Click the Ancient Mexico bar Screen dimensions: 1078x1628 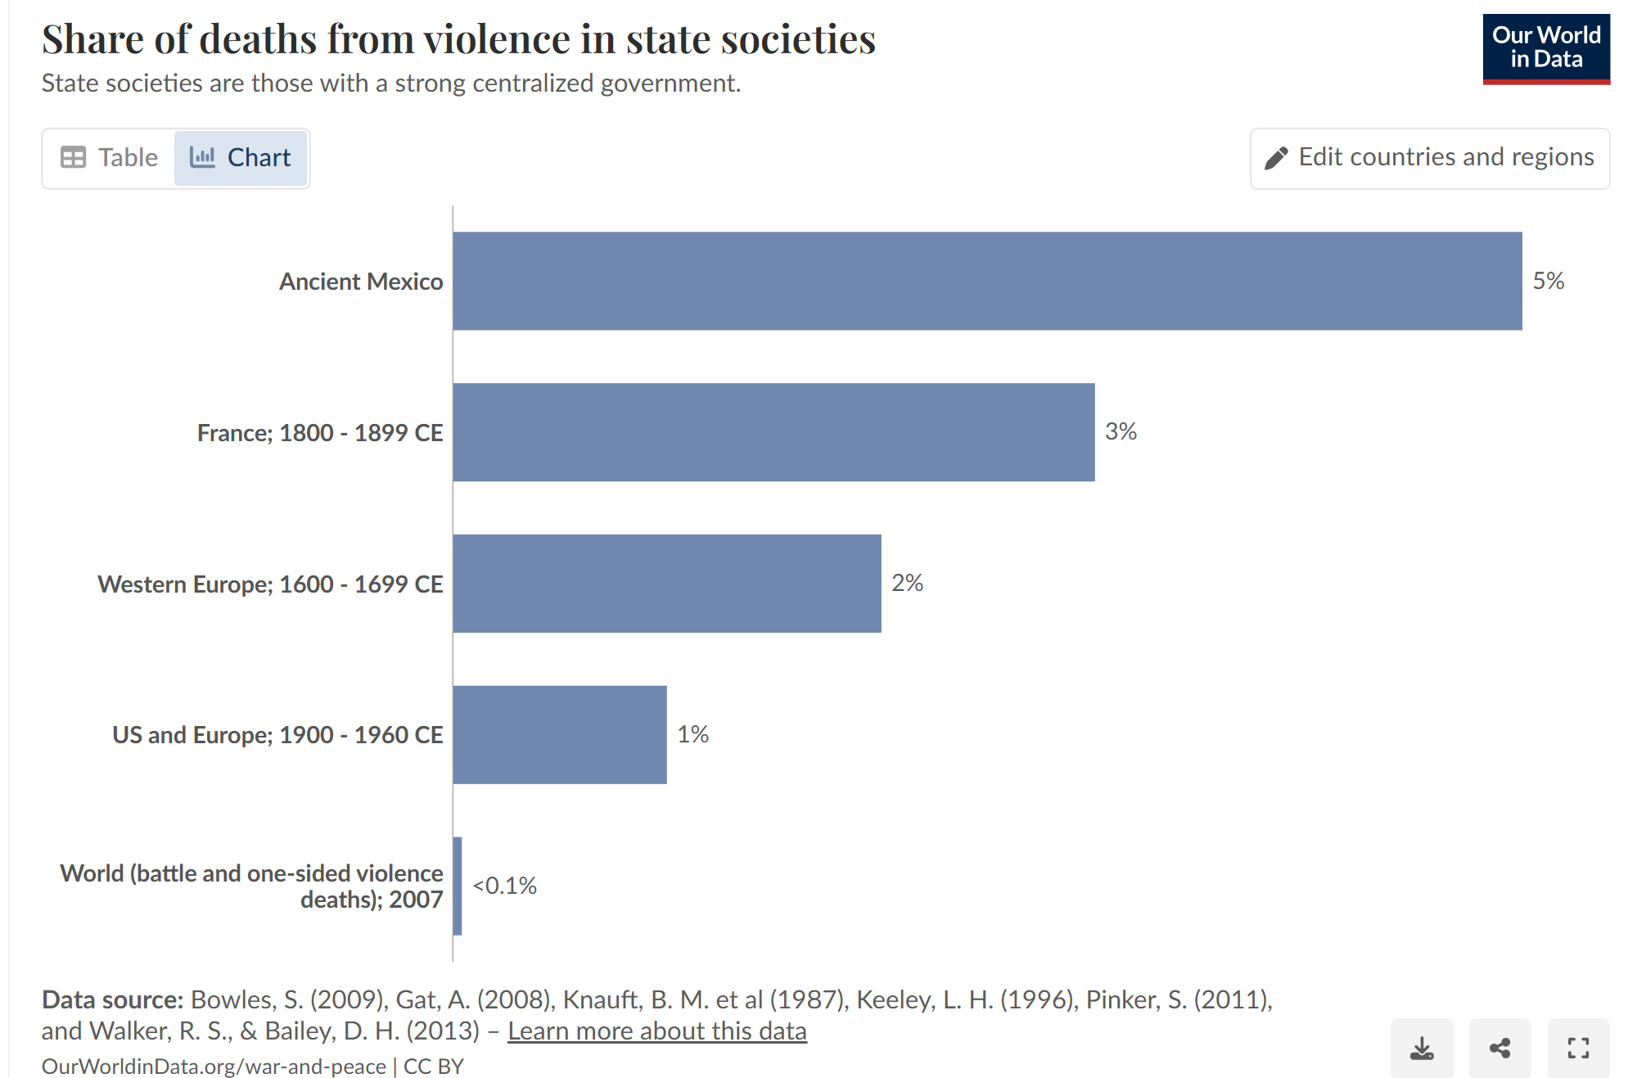[x=986, y=281]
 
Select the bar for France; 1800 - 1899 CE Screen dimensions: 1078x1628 [x=773, y=432]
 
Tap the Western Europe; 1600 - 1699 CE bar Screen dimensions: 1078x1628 [x=666, y=584]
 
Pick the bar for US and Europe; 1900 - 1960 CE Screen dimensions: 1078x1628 [x=559, y=734]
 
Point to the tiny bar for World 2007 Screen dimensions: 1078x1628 [x=458, y=886]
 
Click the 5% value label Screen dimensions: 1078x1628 [x=1548, y=281]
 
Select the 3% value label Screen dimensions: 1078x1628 [x=1121, y=431]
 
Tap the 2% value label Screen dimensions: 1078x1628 [x=907, y=583]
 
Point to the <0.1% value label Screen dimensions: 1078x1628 [x=504, y=886]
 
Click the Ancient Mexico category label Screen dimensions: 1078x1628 [x=361, y=282]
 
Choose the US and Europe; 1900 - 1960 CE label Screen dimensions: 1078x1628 [x=277, y=735]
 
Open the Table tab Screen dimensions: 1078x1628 [x=110, y=157]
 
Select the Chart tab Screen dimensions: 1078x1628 [x=241, y=157]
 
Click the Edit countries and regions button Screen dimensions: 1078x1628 [x=1429, y=157]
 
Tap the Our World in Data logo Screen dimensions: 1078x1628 [x=1545, y=48]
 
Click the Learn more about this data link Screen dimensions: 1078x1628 [x=656, y=1031]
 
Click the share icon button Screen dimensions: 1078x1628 [x=1499, y=1048]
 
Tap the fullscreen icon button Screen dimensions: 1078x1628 [x=1578, y=1048]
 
